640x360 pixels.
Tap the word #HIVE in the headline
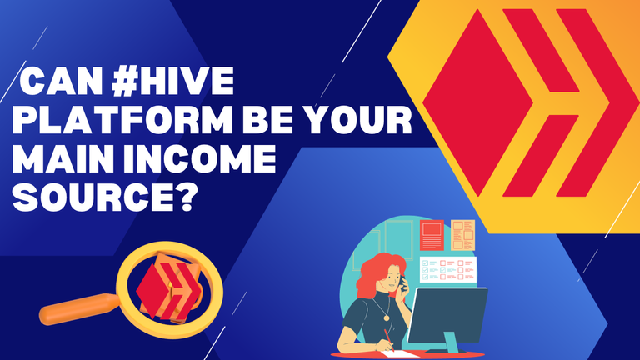pyautogui.click(x=173, y=81)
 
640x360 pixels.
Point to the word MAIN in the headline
pyautogui.click(x=63, y=159)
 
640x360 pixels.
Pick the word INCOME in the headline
pyautogui.click(x=200, y=159)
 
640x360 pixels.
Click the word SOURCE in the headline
pyautogui.click(x=93, y=197)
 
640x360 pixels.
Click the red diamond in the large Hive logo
pyautogui.click(x=477, y=102)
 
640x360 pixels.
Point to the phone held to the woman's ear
pyautogui.click(x=403, y=283)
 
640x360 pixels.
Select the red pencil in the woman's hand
pyautogui.click(x=389, y=340)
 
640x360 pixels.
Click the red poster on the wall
pyautogui.click(x=432, y=235)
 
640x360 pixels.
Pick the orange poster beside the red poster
pyautogui.click(x=462, y=235)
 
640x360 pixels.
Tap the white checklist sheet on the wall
pyautogui.click(x=448, y=269)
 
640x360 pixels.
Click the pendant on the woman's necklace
pyautogui.click(x=386, y=317)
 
